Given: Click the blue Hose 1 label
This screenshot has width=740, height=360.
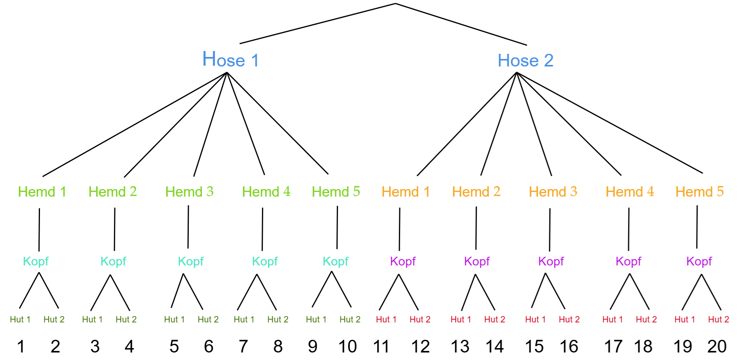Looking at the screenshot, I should tap(230, 60).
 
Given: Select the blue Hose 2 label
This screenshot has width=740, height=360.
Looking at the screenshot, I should tap(526, 61).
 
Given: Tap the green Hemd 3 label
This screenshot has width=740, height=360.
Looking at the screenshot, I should tap(189, 192).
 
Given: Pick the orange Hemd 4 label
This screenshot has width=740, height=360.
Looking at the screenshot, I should tap(630, 192).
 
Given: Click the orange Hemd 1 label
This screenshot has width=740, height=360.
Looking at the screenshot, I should tap(406, 192).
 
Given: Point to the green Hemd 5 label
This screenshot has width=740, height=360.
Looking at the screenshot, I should tap(336, 192).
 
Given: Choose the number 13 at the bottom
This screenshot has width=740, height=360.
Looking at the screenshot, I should tap(460, 347).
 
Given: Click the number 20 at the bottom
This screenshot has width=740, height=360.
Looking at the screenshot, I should tap(717, 347).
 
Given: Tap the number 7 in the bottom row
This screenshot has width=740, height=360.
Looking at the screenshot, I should tap(243, 347).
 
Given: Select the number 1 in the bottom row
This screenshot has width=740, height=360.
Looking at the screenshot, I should tap(21, 347).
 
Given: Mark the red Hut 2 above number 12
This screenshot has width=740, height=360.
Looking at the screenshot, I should tap(420, 319).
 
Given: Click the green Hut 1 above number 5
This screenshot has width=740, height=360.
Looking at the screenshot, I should tap(175, 319).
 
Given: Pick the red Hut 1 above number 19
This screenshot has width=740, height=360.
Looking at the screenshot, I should tap(685, 319).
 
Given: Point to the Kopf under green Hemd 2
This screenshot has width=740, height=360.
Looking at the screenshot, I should tap(113, 261).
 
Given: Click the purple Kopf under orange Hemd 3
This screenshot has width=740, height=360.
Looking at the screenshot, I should tap(551, 261).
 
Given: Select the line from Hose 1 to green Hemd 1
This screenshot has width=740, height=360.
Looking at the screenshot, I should tap(135, 124).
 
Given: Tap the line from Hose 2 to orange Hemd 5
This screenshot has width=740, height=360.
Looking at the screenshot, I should tap(609, 123).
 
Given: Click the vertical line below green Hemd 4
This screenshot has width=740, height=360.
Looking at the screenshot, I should tap(262, 229).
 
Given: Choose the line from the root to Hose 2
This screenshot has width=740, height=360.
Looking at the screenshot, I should tap(461, 24).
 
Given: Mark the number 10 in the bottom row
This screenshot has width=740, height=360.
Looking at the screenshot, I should tap(347, 347).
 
